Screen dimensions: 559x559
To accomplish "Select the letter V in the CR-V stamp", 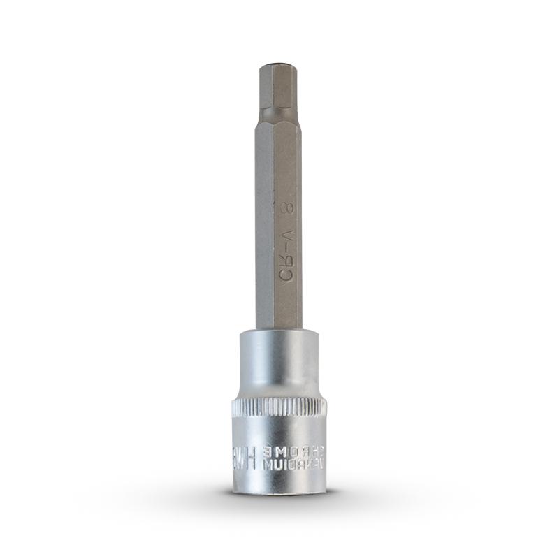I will click(x=284, y=233).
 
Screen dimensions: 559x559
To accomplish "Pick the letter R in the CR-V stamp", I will click(x=284, y=259).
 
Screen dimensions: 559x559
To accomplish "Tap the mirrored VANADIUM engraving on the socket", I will click(x=293, y=465).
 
